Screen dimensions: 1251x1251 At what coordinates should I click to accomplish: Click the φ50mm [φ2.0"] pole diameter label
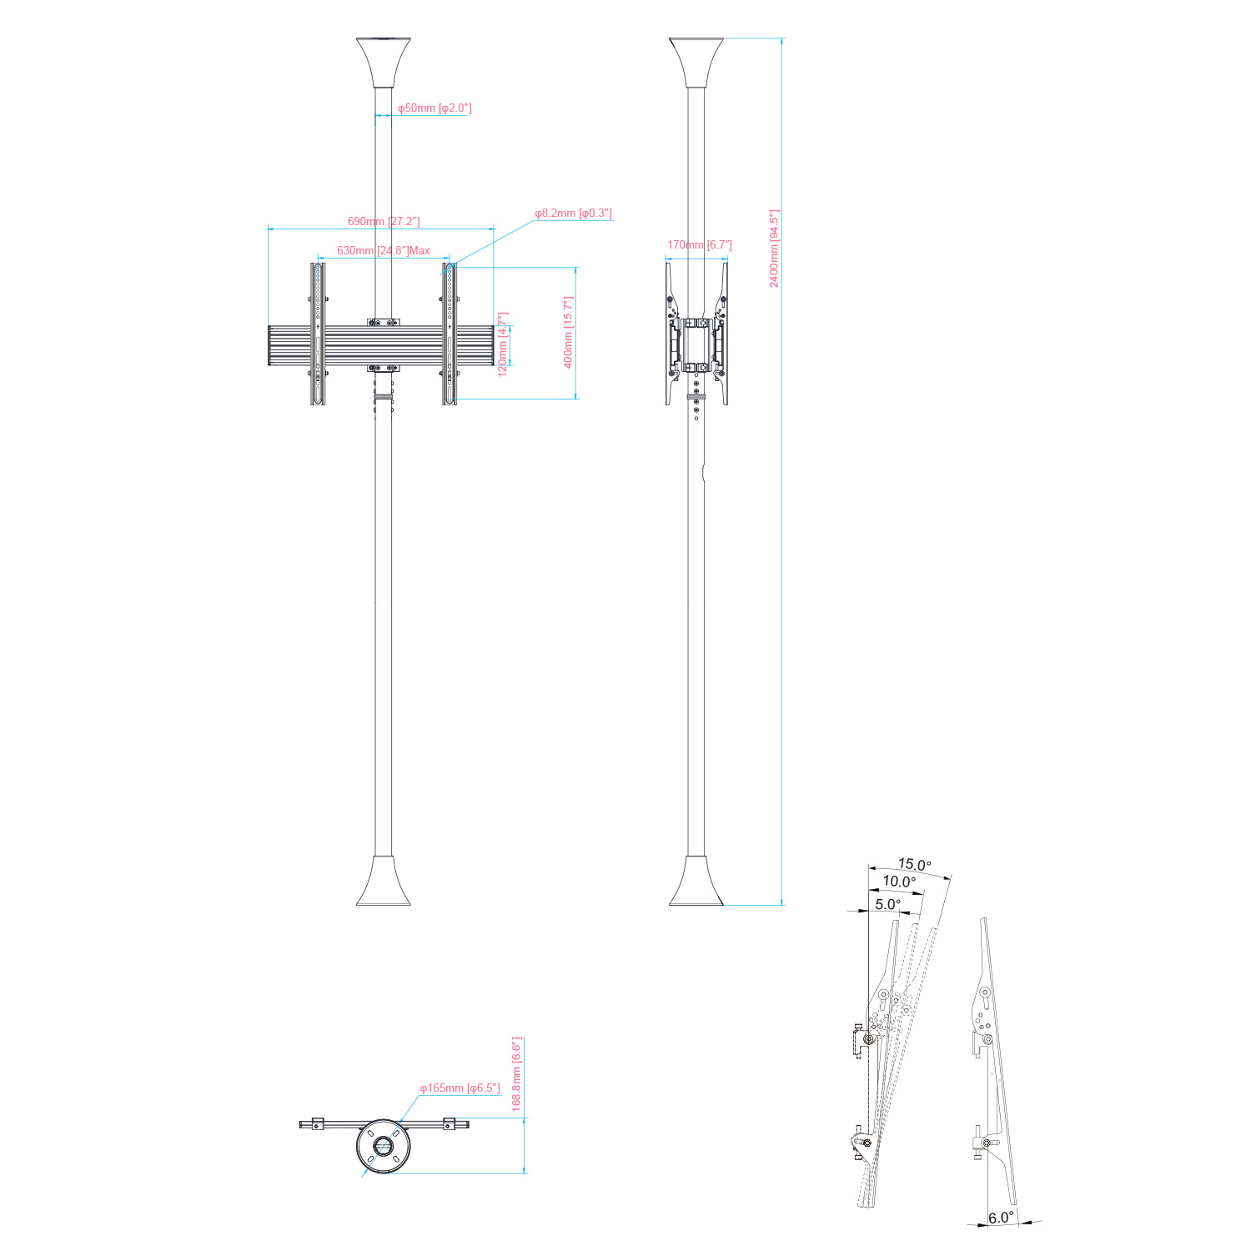click(435, 108)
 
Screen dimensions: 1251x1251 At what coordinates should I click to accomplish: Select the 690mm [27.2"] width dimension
click(384, 221)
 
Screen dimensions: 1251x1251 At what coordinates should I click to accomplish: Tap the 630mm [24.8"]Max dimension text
click(384, 250)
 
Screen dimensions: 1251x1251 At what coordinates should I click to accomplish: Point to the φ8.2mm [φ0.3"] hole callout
click(573, 214)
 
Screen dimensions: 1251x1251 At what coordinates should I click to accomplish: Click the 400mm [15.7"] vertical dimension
click(569, 332)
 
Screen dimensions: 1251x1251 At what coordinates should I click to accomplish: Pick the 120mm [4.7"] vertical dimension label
click(503, 344)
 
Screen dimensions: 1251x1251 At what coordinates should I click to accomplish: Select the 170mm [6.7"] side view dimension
click(700, 245)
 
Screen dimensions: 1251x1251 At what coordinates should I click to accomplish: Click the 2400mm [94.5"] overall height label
click(774, 249)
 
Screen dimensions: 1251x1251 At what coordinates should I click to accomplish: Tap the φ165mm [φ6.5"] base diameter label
click(460, 1088)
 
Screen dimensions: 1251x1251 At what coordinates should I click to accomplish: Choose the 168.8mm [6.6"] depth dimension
click(516, 1074)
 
